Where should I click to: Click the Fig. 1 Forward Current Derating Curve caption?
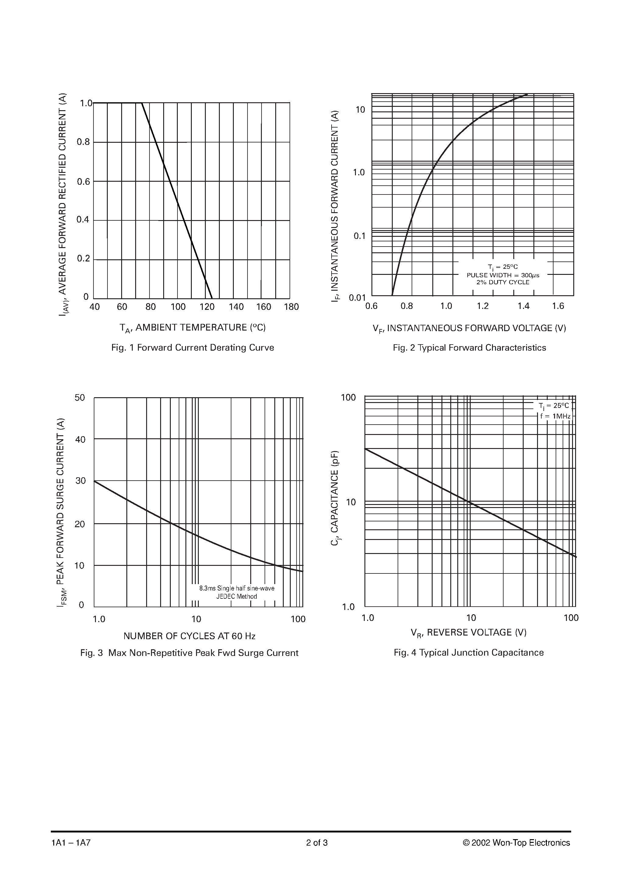pos(192,347)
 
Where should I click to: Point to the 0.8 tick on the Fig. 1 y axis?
pos(83,142)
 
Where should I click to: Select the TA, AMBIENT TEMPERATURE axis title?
pos(192,328)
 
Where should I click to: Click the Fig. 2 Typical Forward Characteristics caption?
pos(469,348)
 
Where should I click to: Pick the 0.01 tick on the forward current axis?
pos(357,298)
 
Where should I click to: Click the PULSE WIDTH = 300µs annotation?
pos(503,275)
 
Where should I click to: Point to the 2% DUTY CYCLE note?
pos(503,282)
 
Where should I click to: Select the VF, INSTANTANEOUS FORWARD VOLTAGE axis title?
pos(469,328)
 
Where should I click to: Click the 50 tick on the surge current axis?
pos(80,398)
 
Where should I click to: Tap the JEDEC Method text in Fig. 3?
pos(237,597)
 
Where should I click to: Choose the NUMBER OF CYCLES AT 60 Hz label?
pos(189,636)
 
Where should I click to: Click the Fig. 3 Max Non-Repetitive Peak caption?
pos(189,653)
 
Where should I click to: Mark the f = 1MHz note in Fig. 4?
pos(555,416)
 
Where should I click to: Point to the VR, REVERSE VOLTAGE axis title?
pos(469,632)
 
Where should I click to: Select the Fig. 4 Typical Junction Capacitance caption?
pos(469,653)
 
